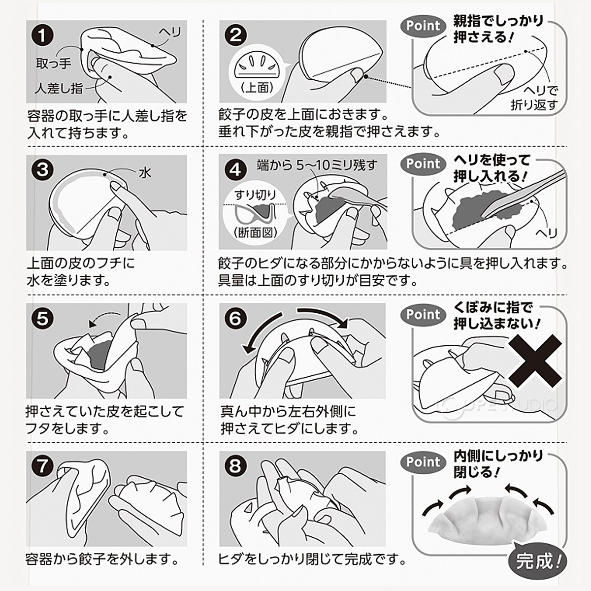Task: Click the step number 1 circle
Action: pyautogui.click(x=42, y=36)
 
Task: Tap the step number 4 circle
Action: pyautogui.click(x=235, y=169)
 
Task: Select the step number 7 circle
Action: pyautogui.click(x=42, y=466)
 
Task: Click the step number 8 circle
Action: pyautogui.click(x=235, y=466)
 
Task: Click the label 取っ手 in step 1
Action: pyautogui.click(x=54, y=63)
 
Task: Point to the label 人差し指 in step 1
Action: pyautogui.click(x=59, y=89)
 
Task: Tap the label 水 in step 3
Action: pyautogui.click(x=144, y=172)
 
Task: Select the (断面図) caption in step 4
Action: pyautogui.click(x=255, y=232)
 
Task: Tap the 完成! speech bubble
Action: pyautogui.click(x=538, y=560)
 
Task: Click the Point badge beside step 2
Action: pyautogui.click(x=423, y=26)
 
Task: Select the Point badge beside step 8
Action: pyautogui.click(x=423, y=462)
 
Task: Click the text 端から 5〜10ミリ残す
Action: pyautogui.click(x=317, y=165)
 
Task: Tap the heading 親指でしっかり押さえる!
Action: pyautogui.click(x=497, y=29)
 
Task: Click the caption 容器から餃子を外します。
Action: pyautogui.click(x=101, y=559)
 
